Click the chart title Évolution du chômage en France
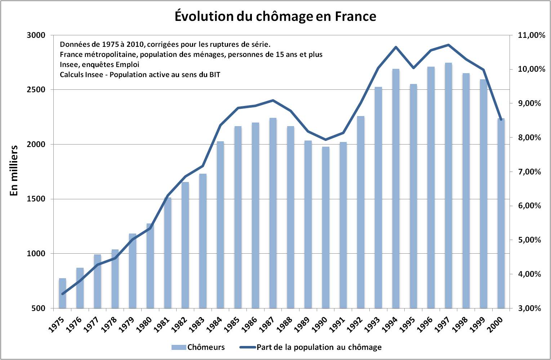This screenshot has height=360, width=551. coord(275,17)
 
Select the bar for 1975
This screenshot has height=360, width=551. coord(62,293)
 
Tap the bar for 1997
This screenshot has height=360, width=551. coord(448,186)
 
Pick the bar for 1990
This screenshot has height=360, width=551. coord(326,227)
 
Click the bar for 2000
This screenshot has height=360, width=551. coord(501,213)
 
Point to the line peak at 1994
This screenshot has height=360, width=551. coord(396,47)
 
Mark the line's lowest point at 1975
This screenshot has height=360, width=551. coord(62,294)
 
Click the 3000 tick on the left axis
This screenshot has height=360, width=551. coord(36,35)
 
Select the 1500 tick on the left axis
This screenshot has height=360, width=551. coord(36,199)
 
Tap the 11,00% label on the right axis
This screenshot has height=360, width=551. coord(531,35)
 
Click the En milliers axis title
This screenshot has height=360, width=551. coord(14,170)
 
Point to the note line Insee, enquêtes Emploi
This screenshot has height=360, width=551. coord(99,65)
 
